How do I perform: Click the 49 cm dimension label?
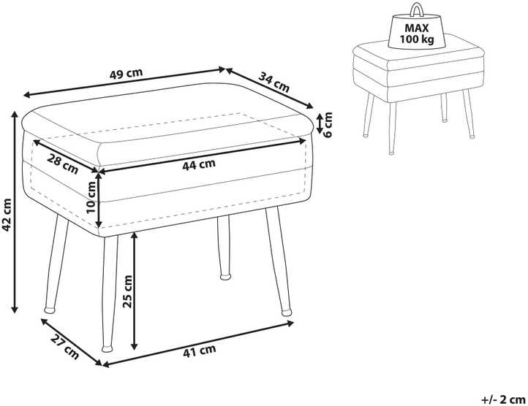click(127, 73)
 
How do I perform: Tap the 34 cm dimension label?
click(274, 82)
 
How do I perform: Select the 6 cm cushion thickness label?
click(327, 124)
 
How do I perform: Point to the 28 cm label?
click(62, 163)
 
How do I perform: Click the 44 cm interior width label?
click(199, 164)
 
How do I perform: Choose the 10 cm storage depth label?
click(91, 196)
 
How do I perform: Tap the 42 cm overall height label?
click(7, 215)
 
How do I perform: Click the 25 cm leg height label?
click(128, 291)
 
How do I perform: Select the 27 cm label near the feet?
click(65, 348)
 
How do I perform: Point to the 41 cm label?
click(200, 351)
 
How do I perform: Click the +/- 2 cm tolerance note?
click(503, 399)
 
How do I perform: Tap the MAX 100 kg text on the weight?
click(417, 34)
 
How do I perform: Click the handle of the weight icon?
click(417, 9)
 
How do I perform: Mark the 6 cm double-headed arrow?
click(320, 123)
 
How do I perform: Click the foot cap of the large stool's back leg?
click(225, 277)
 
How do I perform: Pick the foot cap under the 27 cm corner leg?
click(107, 348)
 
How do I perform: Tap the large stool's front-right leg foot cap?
click(286, 312)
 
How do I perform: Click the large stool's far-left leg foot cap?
click(50, 310)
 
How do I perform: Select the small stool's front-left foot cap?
click(391, 153)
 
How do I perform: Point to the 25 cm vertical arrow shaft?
click(135, 291)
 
